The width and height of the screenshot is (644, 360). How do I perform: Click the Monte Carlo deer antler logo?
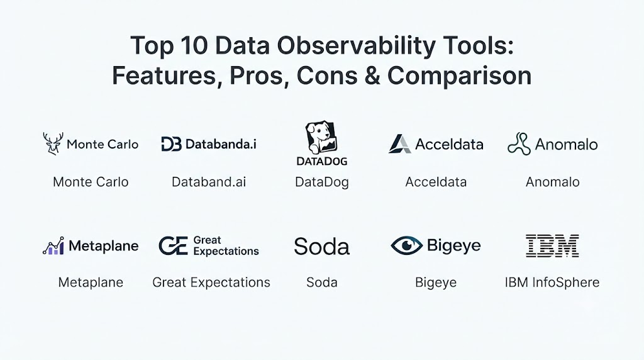click(x=53, y=143)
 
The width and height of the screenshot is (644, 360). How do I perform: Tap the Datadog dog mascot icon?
click(x=321, y=137)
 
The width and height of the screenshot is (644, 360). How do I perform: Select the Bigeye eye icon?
click(x=406, y=245)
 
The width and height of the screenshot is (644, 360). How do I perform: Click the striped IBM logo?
click(x=552, y=245)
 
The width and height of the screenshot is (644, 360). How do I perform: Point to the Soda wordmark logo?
click(x=321, y=247)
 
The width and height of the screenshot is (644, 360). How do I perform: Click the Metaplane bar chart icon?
click(x=53, y=245)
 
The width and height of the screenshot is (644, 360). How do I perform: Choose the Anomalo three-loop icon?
click(x=519, y=144)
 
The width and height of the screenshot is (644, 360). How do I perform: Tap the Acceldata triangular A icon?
click(x=399, y=144)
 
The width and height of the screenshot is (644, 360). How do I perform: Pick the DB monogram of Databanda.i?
click(x=171, y=144)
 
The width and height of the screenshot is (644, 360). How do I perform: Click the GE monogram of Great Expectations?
click(x=174, y=245)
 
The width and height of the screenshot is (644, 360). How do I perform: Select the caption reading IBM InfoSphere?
click(x=552, y=283)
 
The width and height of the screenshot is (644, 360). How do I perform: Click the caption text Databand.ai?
click(x=209, y=182)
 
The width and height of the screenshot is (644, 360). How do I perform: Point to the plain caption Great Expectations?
click(x=211, y=283)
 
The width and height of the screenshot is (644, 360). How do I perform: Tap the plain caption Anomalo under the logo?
click(x=552, y=182)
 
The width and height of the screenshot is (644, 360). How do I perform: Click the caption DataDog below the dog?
click(x=321, y=183)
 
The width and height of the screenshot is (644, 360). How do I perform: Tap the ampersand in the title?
click(x=372, y=76)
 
